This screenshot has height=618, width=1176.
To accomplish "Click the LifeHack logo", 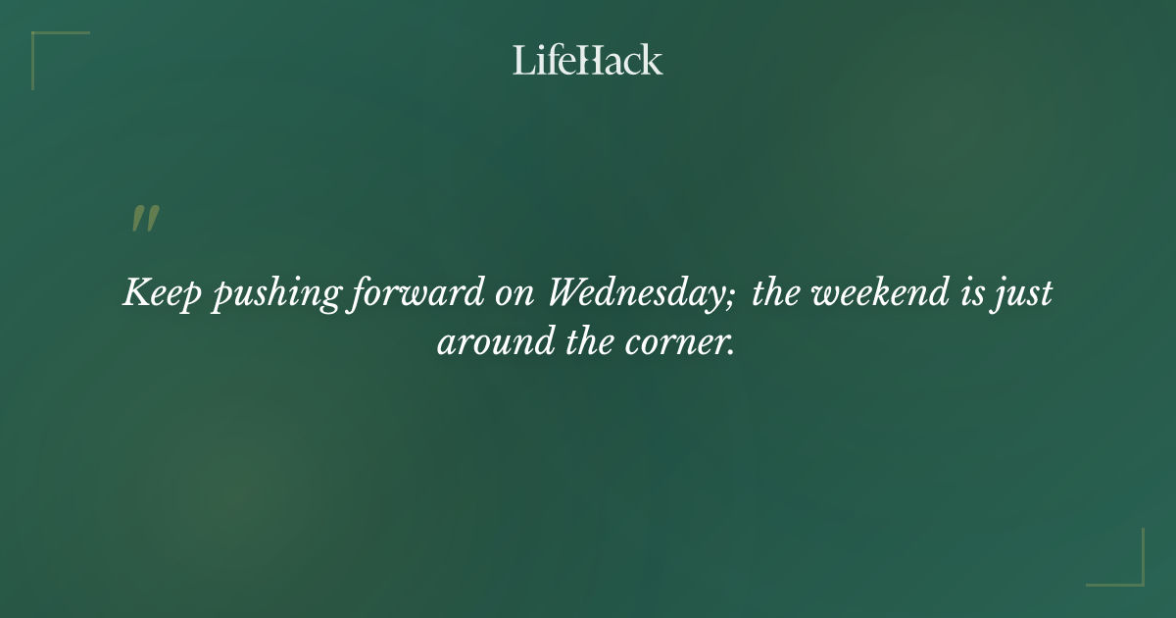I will tap(588, 60).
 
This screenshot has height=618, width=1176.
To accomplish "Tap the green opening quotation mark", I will tap(144, 220).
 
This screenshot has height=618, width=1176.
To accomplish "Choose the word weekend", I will tap(874, 293).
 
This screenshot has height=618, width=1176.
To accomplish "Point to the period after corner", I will tap(731, 352).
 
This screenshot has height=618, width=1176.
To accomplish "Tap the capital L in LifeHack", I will tap(521, 60).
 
